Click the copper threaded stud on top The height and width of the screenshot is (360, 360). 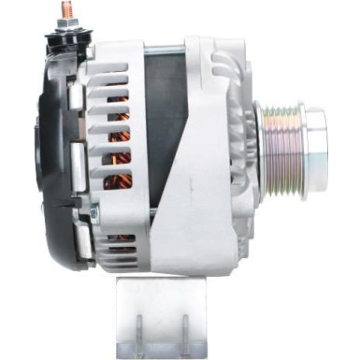tap(68, 9)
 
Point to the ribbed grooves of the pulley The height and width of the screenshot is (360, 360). tap(281, 140)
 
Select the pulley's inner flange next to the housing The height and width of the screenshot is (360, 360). tap(260, 140)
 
